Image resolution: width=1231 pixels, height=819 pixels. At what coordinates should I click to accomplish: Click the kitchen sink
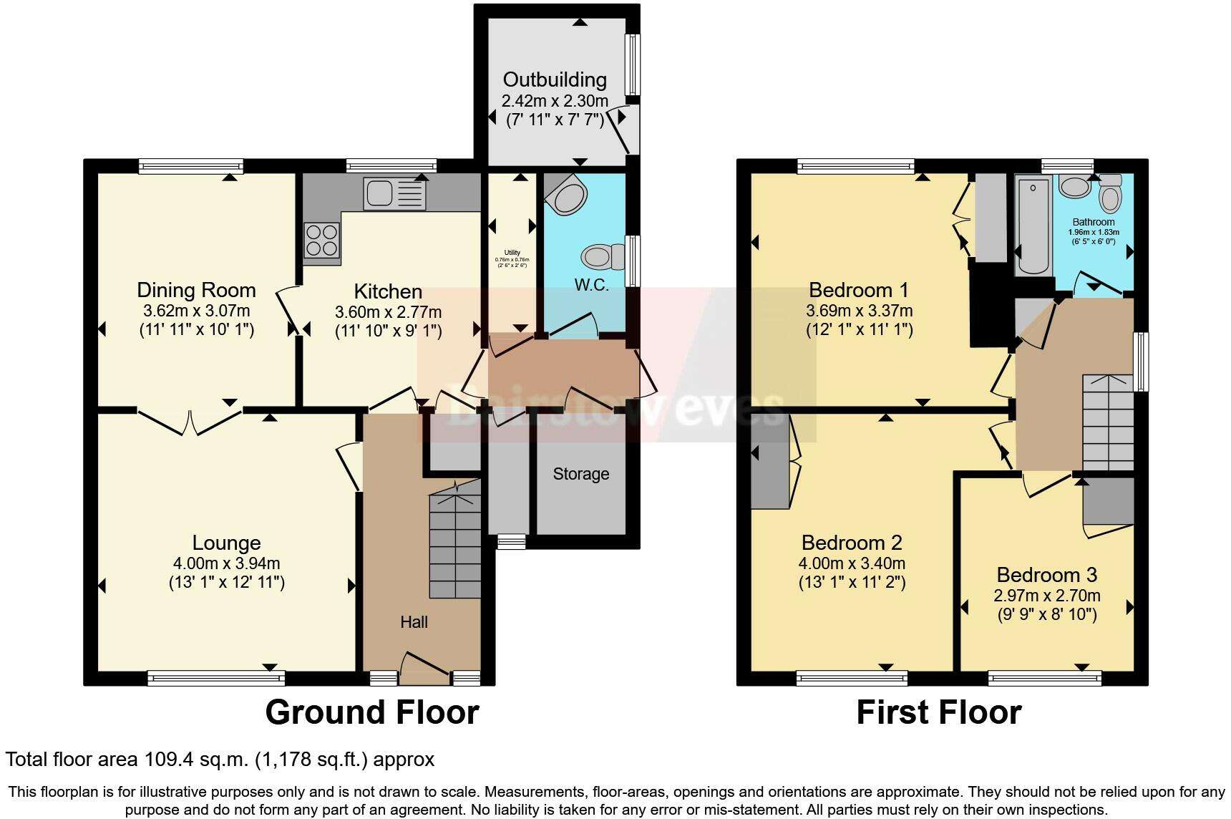click(394, 193)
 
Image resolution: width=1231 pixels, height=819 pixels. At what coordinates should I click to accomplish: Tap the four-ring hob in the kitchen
click(321, 240)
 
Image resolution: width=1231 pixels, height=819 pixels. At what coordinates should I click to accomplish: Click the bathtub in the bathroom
click(1032, 226)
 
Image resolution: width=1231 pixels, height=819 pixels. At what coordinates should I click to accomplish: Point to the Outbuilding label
click(555, 79)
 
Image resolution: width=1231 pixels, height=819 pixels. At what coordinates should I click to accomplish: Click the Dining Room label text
click(196, 290)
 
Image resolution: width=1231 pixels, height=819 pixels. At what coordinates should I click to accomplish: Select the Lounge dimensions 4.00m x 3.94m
click(226, 563)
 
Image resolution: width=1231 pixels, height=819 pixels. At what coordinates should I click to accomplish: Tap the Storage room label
click(580, 474)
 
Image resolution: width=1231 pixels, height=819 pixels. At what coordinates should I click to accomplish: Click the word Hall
click(414, 622)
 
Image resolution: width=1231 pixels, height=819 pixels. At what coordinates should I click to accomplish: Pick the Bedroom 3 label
click(1046, 575)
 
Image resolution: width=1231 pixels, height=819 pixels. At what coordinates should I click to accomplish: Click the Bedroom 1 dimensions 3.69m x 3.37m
click(859, 311)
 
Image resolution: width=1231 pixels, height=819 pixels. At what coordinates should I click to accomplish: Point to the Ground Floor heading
click(371, 712)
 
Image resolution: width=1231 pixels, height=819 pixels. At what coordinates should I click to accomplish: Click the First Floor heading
click(938, 712)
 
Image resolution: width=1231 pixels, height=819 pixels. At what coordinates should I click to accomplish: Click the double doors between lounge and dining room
click(190, 422)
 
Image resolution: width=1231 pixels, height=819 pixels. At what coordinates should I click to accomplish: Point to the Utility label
click(512, 252)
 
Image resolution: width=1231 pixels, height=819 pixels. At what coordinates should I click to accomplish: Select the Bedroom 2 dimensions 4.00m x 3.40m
click(852, 563)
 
